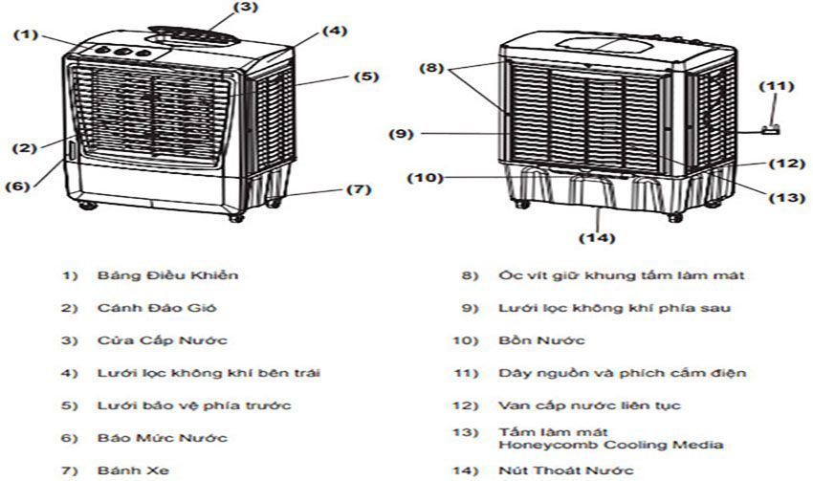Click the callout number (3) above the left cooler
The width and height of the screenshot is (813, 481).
[x=246, y=8]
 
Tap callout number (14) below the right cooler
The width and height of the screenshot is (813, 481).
[x=597, y=238]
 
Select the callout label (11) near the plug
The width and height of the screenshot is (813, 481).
[x=777, y=86]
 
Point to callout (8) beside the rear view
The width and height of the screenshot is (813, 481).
[x=432, y=68]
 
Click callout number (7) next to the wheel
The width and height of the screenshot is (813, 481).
[x=359, y=189]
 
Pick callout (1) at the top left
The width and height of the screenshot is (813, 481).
[x=26, y=34]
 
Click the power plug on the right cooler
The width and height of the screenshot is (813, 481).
[x=771, y=130]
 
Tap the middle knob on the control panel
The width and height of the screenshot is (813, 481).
[x=121, y=52]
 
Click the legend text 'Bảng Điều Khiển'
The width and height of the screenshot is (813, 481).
[x=167, y=274]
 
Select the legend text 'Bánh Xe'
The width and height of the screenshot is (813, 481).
[x=133, y=470]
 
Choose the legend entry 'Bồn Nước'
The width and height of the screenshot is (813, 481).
[x=541, y=340]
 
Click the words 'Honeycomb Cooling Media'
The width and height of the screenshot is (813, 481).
[x=611, y=445]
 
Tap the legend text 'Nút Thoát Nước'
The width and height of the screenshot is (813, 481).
[x=566, y=470]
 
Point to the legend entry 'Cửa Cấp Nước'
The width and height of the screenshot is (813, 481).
[x=163, y=340]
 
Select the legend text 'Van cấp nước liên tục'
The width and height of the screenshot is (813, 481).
[x=589, y=405]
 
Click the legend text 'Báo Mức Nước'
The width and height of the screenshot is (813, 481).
[x=163, y=438]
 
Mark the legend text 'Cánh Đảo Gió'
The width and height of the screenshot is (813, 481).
[x=157, y=308]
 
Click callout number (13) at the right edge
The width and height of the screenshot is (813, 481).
[x=786, y=198]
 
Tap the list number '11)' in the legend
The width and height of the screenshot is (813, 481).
[x=466, y=373]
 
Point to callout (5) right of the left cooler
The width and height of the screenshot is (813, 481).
[x=367, y=77]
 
